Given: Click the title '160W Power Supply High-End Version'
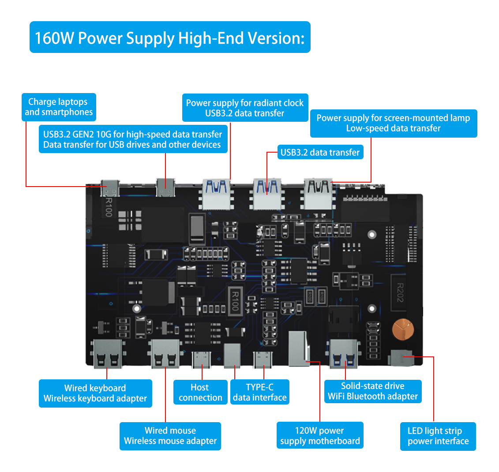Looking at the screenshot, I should tap(170, 37).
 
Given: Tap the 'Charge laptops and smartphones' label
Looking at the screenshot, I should tap(59, 107).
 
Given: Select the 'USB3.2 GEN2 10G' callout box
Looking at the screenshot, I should tap(133, 139).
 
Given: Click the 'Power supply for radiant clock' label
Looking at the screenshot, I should tap(245, 108).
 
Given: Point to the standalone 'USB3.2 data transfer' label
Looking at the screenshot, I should tap(320, 153).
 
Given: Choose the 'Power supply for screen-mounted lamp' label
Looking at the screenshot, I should tap(393, 123).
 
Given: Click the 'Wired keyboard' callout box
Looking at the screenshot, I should tap(95, 393).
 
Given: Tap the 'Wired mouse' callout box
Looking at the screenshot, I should tap(170, 436).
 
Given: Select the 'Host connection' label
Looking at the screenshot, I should tap(200, 392).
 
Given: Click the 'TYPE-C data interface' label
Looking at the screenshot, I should tap(259, 392).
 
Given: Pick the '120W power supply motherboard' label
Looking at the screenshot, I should tap(320, 436).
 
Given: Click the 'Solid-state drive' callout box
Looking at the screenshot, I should tap(373, 391).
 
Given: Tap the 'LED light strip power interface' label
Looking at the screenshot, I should tap(438, 436).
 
